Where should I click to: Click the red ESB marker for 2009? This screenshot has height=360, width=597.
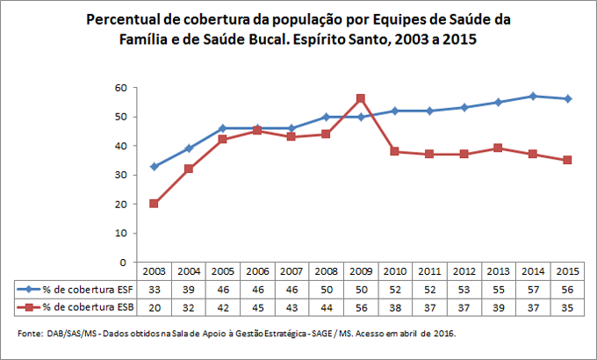pyautogui.click(x=360, y=98)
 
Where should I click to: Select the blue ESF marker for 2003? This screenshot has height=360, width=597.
pyautogui.click(x=155, y=166)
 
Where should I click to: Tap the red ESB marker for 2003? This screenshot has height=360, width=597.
pyautogui.click(x=155, y=204)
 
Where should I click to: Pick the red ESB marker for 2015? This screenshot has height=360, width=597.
pyautogui.click(x=566, y=160)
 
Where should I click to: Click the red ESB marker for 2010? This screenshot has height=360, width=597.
pyautogui.click(x=394, y=151)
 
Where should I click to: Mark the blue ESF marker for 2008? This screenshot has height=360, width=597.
pyautogui.click(x=326, y=117)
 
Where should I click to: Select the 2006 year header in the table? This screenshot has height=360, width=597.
pyautogui.click(x=257, y=272)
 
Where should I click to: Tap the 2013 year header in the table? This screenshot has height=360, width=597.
pyautogui.click(x=497, y=272)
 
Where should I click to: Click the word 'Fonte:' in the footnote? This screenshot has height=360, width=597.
pyautogui.click(x=32, y=334)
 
